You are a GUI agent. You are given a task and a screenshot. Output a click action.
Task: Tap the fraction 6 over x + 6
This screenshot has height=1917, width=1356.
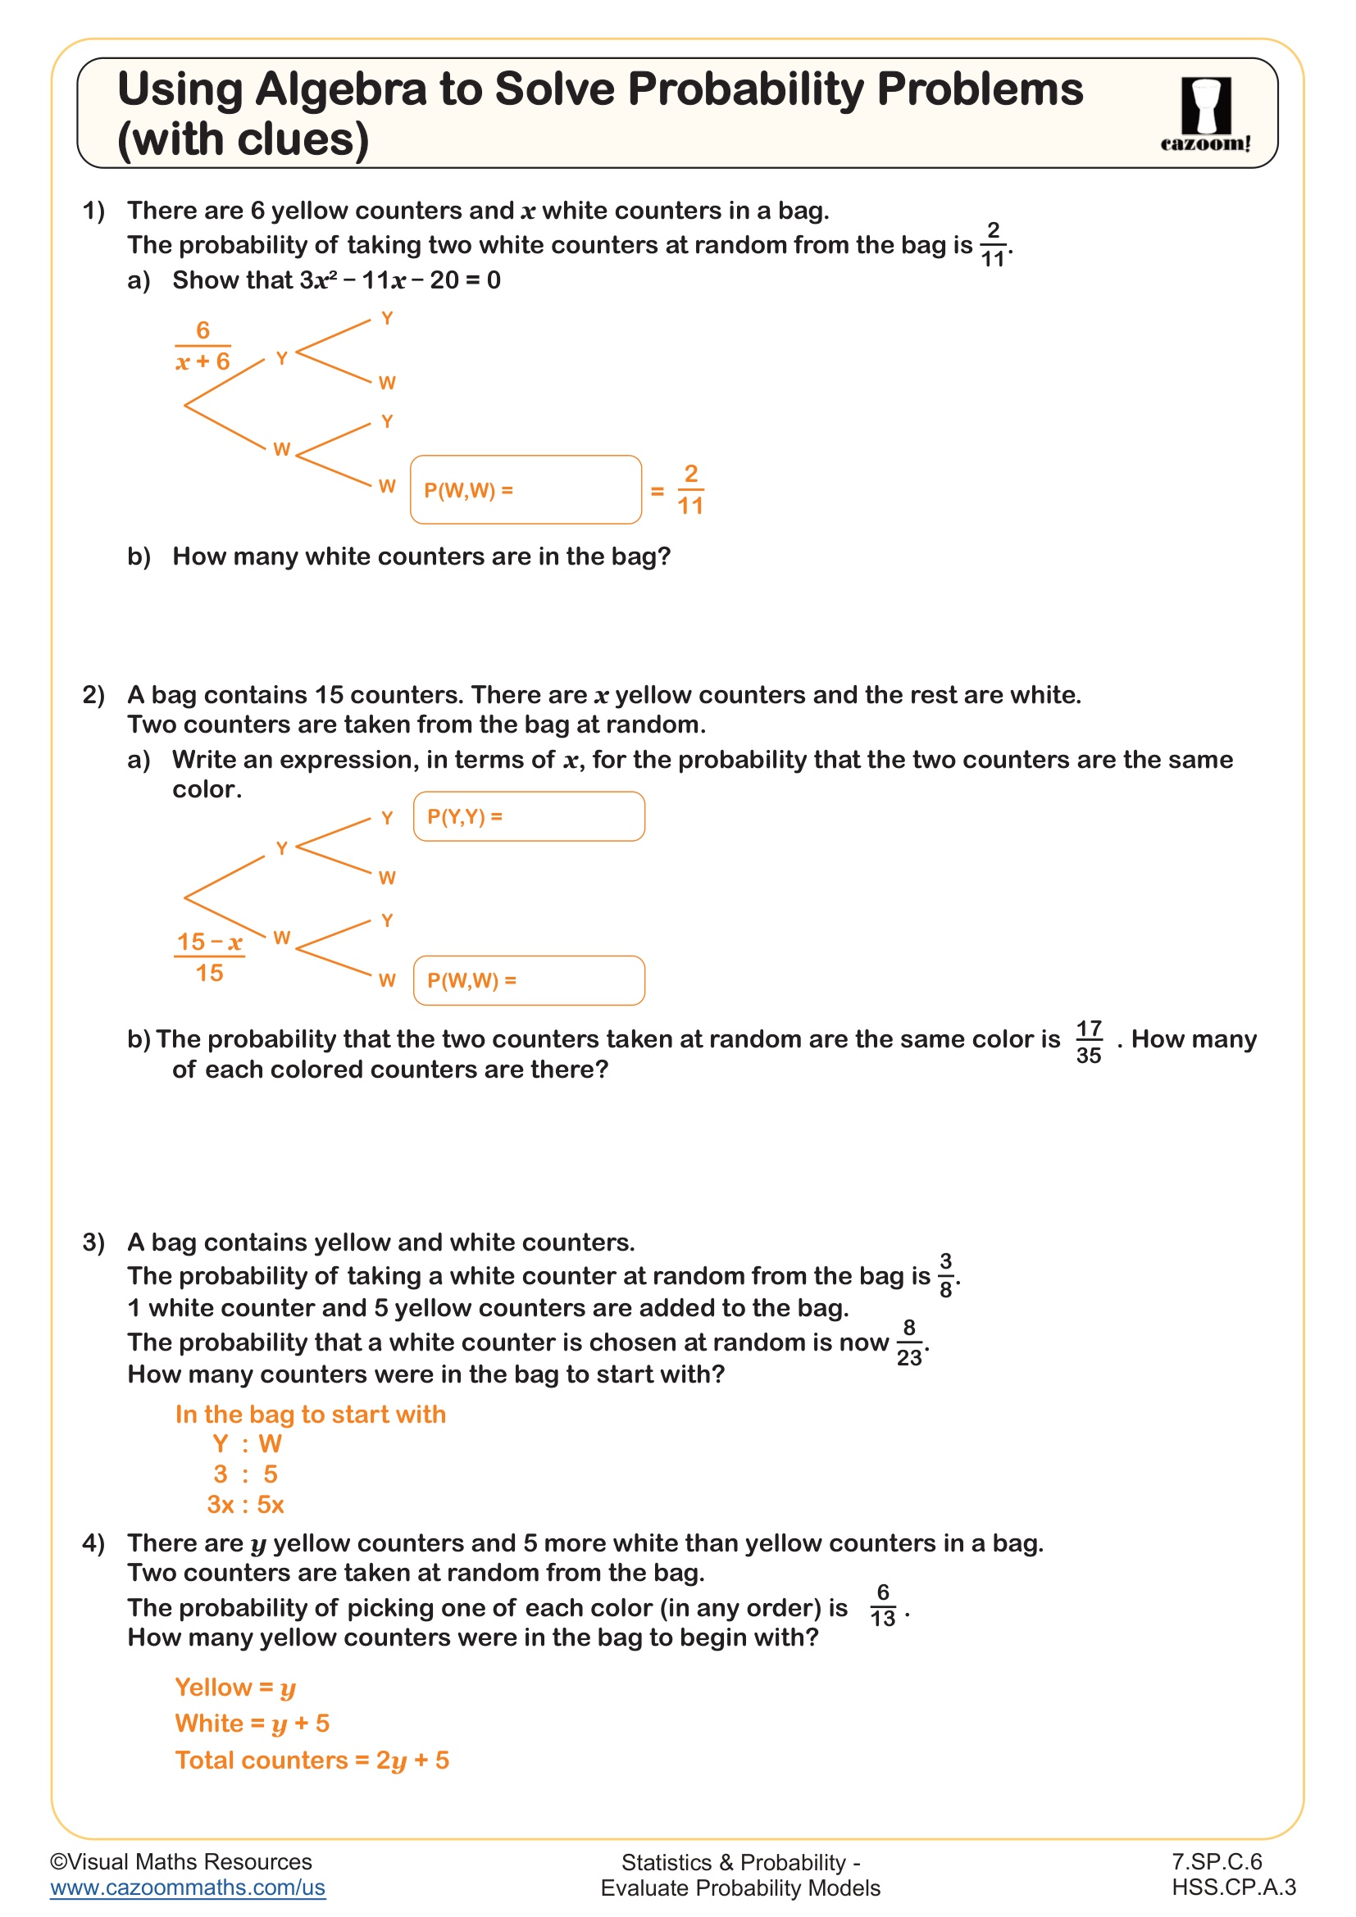click(x=202, y=346)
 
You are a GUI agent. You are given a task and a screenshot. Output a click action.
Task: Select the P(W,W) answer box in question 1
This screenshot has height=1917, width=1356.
click(x=526, y=490)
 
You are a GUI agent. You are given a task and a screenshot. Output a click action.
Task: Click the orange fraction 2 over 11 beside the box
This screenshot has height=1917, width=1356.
click(x=689, y=490)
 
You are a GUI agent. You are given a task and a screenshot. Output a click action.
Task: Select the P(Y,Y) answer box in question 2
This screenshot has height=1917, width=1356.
click(x=529, y=816)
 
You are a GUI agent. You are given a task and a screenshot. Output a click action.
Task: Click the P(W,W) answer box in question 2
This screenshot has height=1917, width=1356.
click(x=529, y=980)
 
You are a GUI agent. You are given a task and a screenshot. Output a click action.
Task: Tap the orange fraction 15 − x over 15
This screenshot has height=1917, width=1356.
click(x=210, y=956)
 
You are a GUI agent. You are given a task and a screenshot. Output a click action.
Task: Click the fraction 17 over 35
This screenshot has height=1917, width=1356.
click(x=1089, y=1041)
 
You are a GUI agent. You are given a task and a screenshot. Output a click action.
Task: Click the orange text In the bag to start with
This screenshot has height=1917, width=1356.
click(x=311, y=1415)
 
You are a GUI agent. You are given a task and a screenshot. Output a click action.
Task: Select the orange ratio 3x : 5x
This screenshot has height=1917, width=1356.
click(x=245, y=1505)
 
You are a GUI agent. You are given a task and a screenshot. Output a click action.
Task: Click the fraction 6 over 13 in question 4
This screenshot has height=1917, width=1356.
click(x=883, y=1606)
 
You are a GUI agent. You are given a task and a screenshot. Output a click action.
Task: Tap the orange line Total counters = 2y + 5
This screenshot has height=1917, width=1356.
click(x=312, y=1760)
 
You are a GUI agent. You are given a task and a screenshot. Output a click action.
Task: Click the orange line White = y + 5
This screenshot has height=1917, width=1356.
click(x=253, y=1724)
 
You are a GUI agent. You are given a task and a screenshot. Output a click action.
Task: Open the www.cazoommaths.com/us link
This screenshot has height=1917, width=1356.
click(x=188, y=1887)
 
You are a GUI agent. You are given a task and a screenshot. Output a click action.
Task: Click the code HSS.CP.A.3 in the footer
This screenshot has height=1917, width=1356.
click(x=1233, y=1887)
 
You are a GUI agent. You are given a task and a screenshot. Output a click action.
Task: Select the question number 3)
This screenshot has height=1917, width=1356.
click(x=93, y=1242)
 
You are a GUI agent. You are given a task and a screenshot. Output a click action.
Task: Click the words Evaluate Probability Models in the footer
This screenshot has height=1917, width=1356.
click(x=739, y=1888)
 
